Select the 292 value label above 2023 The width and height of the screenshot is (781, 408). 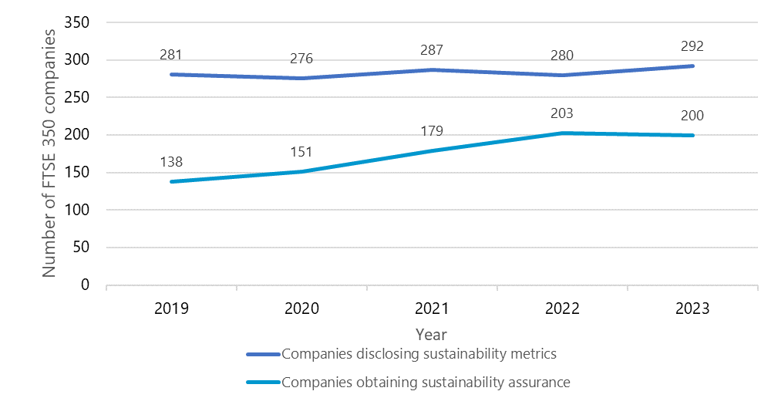click(692, 46)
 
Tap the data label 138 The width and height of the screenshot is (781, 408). click(171, 163)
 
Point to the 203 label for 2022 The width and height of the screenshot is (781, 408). click(562, 114)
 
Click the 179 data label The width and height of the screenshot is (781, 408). click(432, 131)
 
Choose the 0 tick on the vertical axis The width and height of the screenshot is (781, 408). click(86, 285)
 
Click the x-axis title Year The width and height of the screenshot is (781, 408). click(431, 335)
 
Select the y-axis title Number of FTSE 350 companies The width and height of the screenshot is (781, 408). click(50, 153)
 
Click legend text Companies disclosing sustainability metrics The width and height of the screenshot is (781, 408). click(419, 355)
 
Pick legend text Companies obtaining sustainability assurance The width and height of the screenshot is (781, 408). click(426, 382)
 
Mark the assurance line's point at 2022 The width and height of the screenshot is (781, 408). click(562, 133)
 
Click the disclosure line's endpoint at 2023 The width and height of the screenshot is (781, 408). click(692, 66)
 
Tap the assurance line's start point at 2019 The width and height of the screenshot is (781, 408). click(171, 182)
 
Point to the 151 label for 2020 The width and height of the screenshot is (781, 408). click(301, 153)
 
